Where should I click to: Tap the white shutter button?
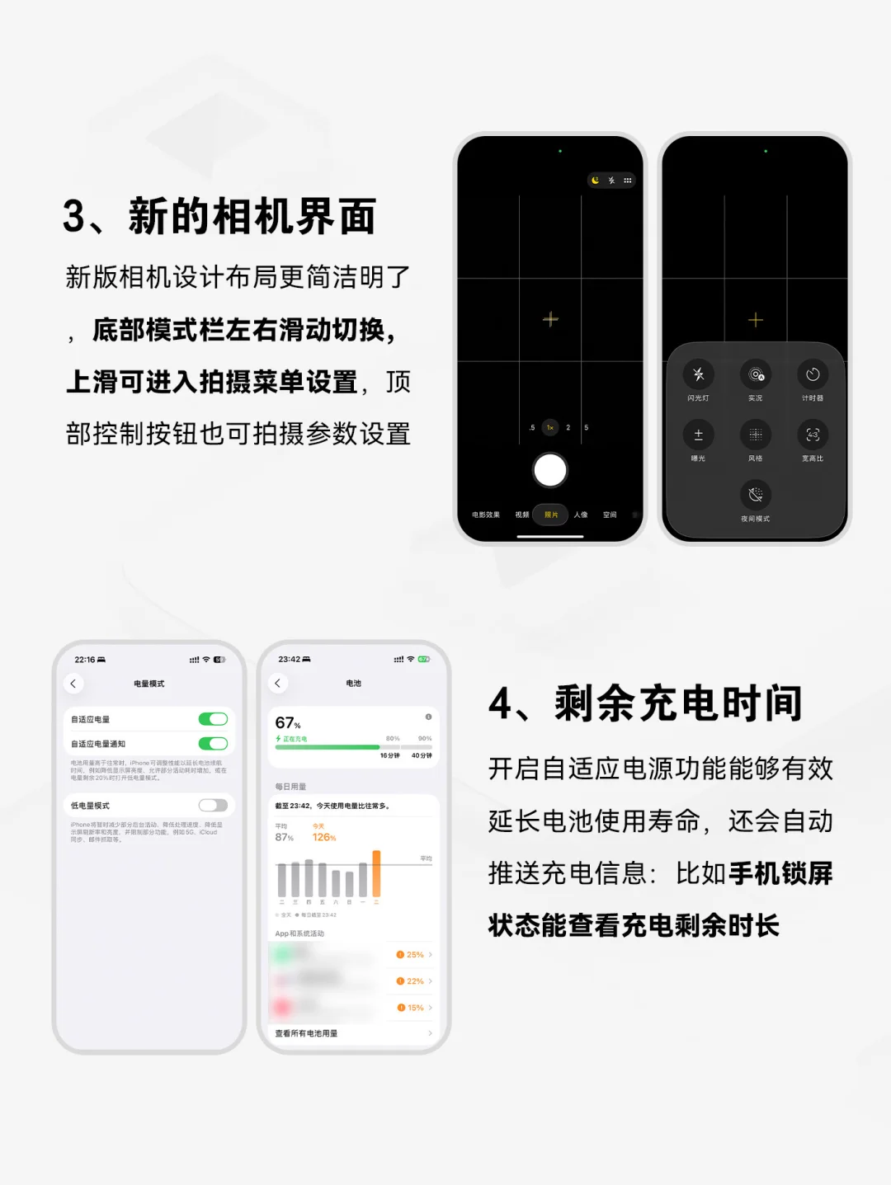(x=550, y=471)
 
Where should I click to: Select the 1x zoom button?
(x=550, y=427)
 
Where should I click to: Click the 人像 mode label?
(x=581, y=515)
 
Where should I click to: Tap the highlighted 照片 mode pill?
(x=551, y=515)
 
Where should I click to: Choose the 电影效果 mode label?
(x=486, y=515)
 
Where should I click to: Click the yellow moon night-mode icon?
(x=596, y=180)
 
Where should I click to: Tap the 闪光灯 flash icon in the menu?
(x=698, y=374)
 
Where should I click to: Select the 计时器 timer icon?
(x=813, y=374)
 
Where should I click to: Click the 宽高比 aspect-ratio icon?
(x=813, y=435)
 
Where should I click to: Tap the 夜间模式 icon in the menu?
(x=755, y=495)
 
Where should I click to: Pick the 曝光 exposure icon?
(x=698, y=435)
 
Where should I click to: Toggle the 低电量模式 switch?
(x=213, y=805)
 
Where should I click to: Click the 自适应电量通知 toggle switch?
(x=213, y=744)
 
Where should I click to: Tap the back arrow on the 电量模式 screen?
(x=73, y=684)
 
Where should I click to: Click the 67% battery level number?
(x=286, y=723)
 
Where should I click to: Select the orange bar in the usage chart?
(x=376, y=873)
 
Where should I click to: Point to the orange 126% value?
(x=323, y=837)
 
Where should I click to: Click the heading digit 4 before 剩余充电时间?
(x=501, y=704)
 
